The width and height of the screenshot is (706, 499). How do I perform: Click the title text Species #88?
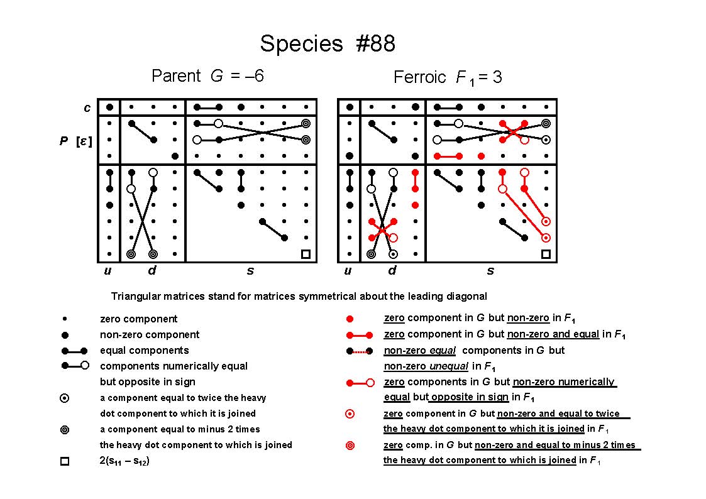[328, 43]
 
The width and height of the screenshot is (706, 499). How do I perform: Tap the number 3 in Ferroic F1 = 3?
[497, 77]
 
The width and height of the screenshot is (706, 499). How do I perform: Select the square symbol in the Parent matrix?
[306, 255]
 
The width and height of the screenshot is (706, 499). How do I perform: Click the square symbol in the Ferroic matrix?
[546, 255]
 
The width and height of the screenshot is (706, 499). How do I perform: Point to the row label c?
[87, 107]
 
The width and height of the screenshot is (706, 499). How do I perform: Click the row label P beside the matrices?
[63, 141]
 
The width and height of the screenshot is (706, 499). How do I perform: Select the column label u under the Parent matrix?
[108, 270]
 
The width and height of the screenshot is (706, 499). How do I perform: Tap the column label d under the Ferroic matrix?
[392, 270]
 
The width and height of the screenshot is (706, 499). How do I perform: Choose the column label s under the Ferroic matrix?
[490, 271]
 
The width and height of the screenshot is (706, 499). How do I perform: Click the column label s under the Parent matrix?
[250, 271]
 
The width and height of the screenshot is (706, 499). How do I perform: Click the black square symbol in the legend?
[65, 461]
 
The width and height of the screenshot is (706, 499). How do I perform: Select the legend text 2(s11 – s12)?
[124, 461]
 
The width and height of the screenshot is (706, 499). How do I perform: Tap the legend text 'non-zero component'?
[150, 335]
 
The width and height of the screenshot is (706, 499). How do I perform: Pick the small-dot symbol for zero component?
[65, 319]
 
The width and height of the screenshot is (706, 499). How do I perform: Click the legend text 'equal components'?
[144, 351]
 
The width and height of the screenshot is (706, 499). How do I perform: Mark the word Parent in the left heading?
[176, 75]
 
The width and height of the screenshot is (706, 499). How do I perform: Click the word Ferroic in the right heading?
[419, 77]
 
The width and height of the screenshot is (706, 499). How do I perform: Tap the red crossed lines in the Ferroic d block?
[382, 230]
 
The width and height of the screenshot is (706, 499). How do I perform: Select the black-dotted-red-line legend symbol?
[360, 351]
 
